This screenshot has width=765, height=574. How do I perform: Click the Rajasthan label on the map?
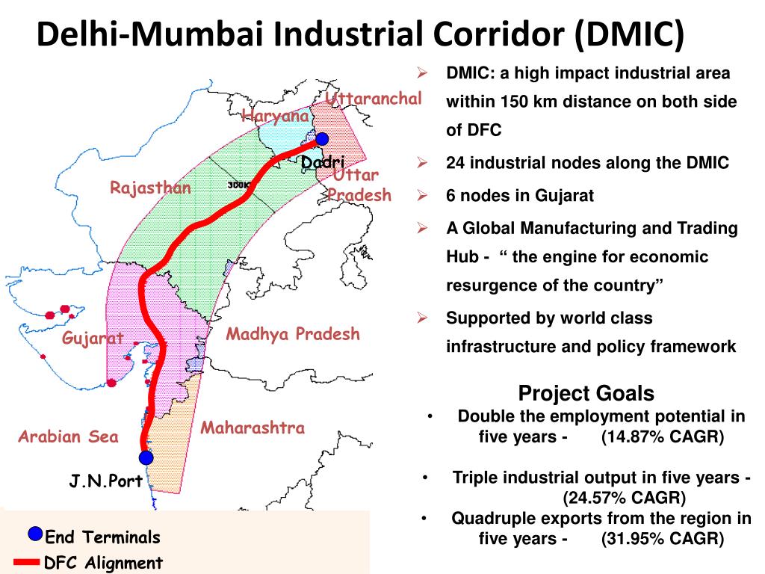pos(150,188)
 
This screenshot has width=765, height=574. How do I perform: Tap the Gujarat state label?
pos(93,339)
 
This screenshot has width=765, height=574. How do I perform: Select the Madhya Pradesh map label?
pos(293,334)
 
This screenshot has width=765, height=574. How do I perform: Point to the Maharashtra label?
pos(253,428)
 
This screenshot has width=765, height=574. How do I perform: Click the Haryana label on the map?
pos(275,116)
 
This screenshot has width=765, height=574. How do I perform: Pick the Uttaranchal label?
pos(374,99)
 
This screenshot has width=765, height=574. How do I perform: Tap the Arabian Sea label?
pos(69,436)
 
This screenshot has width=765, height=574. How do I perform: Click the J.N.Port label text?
pos(106,481)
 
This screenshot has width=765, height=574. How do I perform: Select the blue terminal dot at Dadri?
pos(322,139)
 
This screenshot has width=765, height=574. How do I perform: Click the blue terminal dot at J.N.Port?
pos(146,457)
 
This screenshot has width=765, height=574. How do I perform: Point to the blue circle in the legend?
pos(35,534)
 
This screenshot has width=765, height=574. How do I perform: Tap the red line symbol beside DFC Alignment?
pos(26,562)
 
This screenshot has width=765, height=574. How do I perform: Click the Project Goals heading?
pos(586,393)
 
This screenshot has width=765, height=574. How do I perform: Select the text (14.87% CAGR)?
pos(662,436)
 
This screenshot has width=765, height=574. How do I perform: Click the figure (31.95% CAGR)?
pos(662,538)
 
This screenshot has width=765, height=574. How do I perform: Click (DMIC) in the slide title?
pos(629,35)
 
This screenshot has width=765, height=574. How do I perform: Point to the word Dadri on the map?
pos(323,163)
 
